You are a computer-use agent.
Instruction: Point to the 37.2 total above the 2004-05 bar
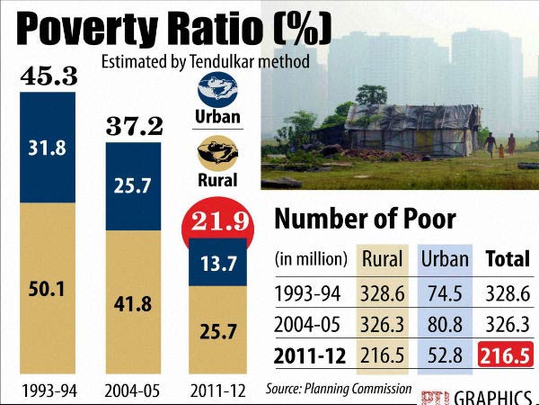[135, 126]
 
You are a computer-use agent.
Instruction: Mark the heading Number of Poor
[364, 219]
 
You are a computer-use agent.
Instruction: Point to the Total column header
[507, 259]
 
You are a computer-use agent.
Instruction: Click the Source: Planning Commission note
[338, 389]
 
